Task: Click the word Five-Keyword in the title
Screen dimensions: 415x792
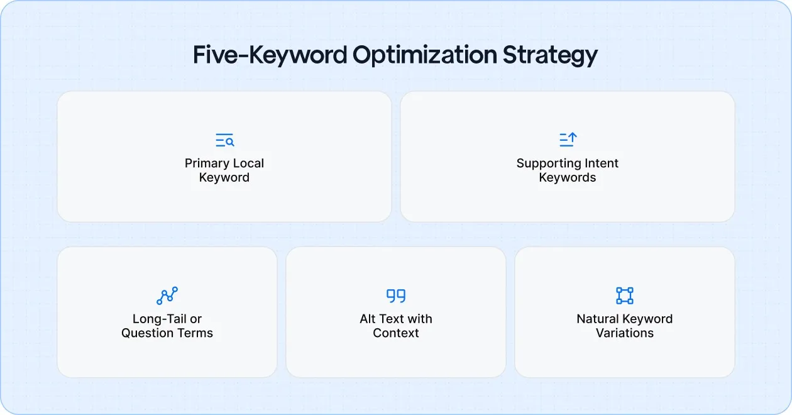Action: click(x=269, y=55)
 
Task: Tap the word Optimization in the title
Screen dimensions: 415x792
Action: click(x=425, y=55)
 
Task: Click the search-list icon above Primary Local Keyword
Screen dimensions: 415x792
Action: click(x=224, y=140)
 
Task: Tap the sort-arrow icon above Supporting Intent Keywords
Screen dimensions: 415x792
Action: click(x=568, y=140)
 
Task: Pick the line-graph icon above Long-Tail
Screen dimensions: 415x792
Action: click(x=167, y=296)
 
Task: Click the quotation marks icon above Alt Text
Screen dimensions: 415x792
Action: click(x=396, y=296)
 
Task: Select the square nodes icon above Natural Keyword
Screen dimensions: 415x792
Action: click(x=625, y=296)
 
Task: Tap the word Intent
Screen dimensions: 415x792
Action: click(x=600, y=163)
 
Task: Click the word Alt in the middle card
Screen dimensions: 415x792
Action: click(x=368, y=319)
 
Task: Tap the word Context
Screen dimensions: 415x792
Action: click(x=396, y=333)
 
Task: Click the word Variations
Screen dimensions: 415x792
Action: click(x=625, y=333)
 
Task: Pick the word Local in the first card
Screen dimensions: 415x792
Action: click(x=247, y=163)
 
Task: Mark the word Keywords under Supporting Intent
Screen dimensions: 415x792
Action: click(x=568, y=178)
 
